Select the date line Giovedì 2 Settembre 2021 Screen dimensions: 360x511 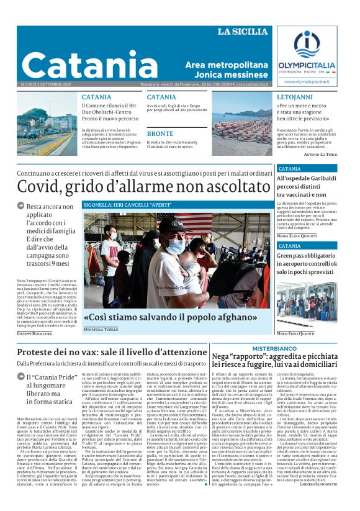click(x=45, y=84)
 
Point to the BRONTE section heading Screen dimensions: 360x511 click(x=160, y=133)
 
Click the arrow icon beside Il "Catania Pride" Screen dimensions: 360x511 click(x=21, y=377)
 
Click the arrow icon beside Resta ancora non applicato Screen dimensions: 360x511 click(x=21, y=206)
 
